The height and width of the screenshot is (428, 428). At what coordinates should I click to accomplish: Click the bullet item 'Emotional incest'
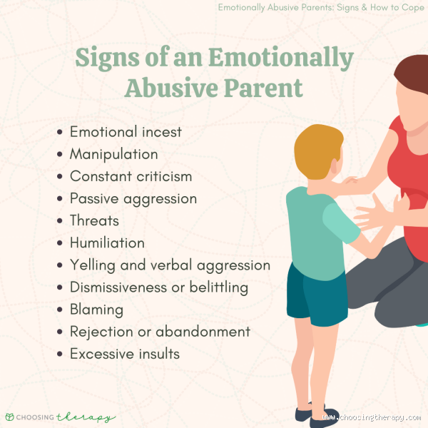coord(126,132)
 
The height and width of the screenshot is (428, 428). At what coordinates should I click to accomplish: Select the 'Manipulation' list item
coord(114,154)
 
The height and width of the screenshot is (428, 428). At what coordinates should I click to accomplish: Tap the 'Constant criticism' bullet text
coord(131,176)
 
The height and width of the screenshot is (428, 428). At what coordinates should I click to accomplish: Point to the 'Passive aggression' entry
coord(133,198)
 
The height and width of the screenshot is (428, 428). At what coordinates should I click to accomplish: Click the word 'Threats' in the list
coord(94,220)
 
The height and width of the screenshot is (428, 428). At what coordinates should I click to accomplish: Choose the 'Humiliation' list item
coord(107,243)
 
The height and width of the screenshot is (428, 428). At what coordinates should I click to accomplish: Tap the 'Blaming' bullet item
coord(96,310)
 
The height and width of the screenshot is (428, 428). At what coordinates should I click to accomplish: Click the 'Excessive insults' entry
coord(124,354)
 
